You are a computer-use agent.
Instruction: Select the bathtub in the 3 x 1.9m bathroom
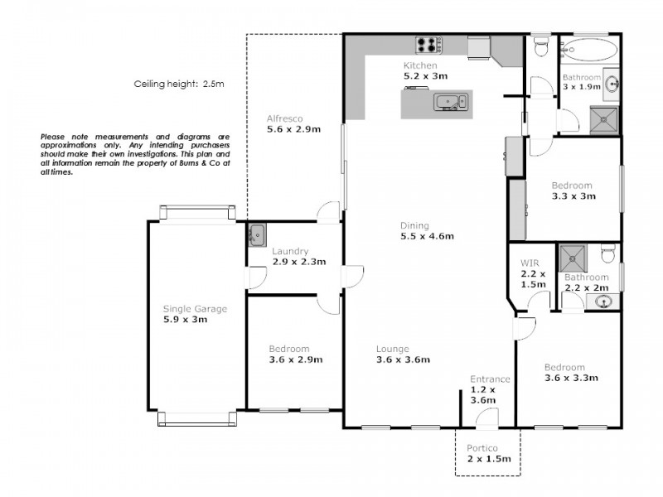(588, 49)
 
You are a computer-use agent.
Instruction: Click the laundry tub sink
(256, 234)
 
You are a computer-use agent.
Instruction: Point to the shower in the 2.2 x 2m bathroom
(572, 256)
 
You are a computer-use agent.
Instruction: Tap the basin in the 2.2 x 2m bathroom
(604, 302)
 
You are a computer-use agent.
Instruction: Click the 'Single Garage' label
(195, 309)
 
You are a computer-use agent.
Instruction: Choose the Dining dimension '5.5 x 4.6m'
(427, 236)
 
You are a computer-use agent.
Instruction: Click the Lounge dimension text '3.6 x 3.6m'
(403, 359)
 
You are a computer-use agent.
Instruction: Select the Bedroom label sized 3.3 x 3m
(573, 186)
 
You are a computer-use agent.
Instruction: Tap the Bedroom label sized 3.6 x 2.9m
(289, 349)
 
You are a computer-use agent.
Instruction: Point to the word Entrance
(489, 379)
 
